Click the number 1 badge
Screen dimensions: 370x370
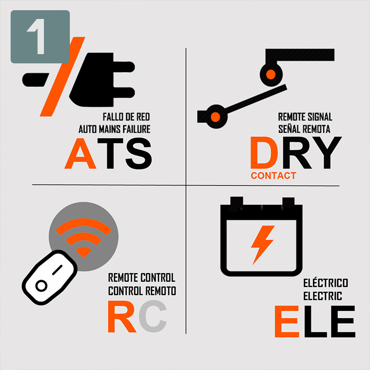(40, 37)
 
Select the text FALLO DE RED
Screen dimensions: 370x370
(126, 117)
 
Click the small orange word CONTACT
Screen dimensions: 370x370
(273, 176)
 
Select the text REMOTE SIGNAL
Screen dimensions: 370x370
(305, 117)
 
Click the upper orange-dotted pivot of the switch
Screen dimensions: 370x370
(271, 74)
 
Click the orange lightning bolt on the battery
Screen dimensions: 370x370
(262, 244)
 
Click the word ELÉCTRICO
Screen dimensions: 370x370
(326, 283)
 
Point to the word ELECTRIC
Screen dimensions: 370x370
(323, 295)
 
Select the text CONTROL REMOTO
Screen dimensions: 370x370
(142, 291)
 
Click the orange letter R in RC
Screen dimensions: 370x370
(122, 317)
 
